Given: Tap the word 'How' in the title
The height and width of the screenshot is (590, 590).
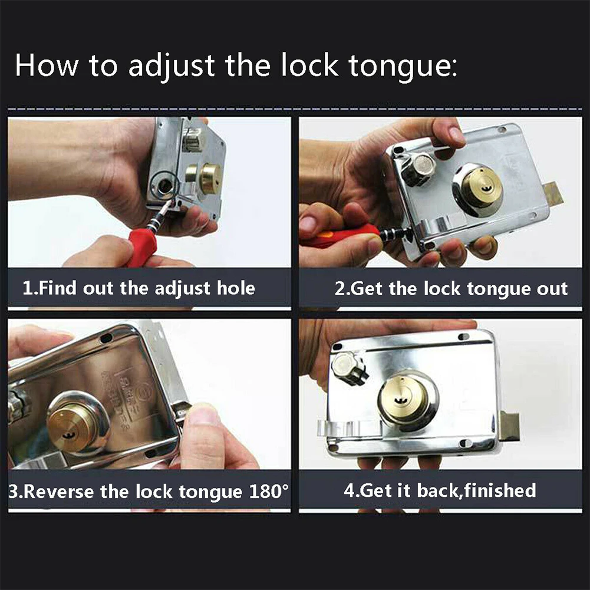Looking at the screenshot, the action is tap(47, 65).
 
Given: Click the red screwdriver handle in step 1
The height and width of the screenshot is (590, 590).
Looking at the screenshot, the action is tap(142, 246).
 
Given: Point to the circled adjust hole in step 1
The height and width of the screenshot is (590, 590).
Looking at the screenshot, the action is tap(165, 184).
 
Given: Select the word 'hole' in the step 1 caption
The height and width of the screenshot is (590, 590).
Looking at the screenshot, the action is tap(236, 288).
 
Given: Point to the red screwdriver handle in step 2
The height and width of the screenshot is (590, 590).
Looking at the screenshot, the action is tap(339, 236).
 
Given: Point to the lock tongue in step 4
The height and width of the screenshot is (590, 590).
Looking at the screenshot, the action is tap(509, 426).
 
